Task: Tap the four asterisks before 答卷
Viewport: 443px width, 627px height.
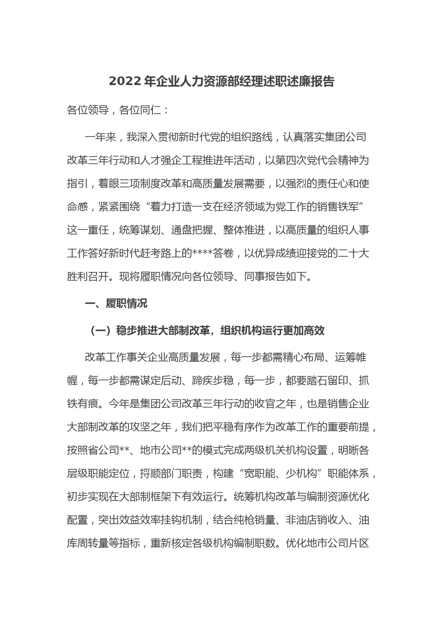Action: coord(203,253)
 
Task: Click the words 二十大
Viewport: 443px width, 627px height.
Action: coord(353,253)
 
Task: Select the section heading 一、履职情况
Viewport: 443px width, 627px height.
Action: coord(116,304)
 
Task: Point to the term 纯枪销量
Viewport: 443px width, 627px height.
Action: coord(254,520)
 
